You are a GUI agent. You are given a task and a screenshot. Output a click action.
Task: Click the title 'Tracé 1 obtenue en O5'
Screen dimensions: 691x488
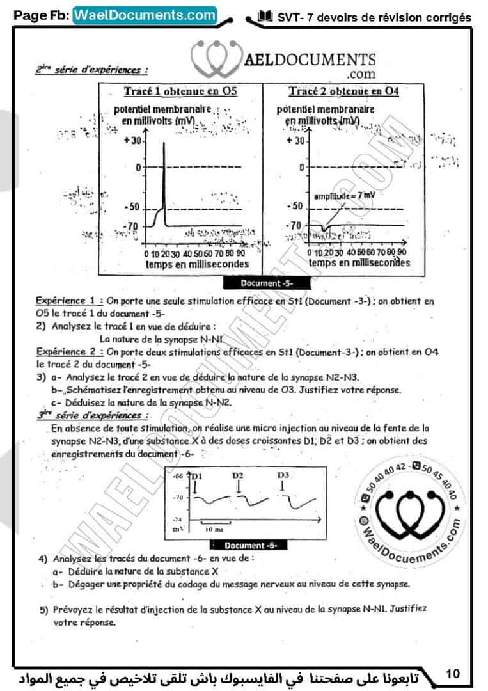180,91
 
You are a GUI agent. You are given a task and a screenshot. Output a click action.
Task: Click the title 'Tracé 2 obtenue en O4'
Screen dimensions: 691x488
343,91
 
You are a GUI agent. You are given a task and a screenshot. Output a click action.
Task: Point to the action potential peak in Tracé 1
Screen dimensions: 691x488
164,143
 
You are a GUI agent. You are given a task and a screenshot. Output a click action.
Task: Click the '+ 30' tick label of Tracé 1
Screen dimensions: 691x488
132,140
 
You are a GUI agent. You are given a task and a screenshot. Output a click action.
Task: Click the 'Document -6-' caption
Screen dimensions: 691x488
254,546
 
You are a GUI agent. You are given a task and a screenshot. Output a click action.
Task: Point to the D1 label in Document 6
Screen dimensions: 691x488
196,477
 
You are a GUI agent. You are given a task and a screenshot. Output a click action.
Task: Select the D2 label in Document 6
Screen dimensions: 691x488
238,476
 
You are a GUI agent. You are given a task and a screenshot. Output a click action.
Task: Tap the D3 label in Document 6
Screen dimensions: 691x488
283,476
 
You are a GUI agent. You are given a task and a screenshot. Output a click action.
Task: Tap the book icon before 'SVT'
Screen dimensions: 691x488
264,17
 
